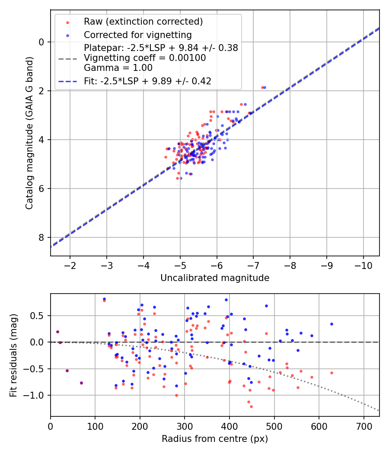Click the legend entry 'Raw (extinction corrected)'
143,22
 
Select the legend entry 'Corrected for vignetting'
137,35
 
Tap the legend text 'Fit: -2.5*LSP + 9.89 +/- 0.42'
147,81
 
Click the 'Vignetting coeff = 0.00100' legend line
145,58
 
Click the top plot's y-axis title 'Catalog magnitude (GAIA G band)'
29,132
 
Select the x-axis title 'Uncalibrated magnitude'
215,278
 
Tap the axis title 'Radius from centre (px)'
215,439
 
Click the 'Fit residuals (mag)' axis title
13,355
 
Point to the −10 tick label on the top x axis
363,265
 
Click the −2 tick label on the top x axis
70,265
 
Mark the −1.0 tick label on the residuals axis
36,395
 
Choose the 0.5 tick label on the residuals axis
38,316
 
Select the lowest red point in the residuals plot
251,406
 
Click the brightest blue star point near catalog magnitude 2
265,87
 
